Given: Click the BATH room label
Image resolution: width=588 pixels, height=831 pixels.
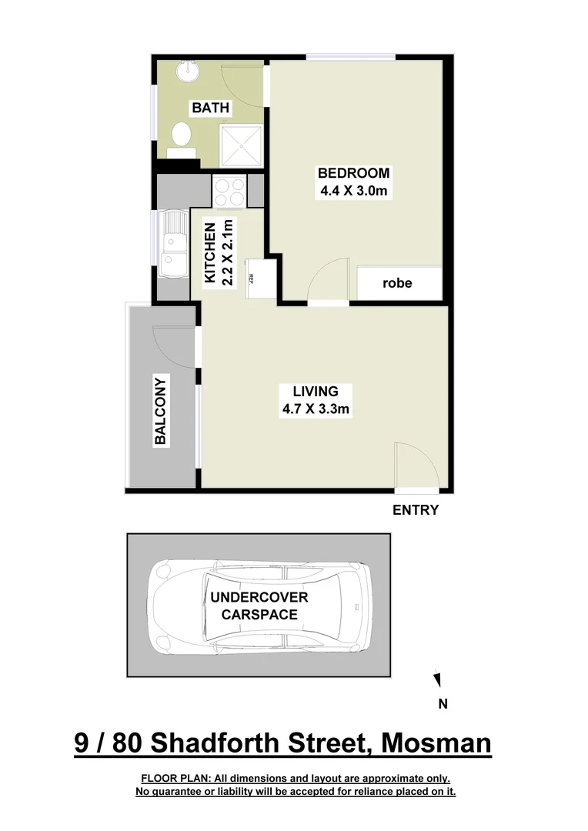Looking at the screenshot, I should pyautogui.click(x=210, y=108).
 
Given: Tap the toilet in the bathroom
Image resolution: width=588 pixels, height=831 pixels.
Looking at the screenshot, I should pyautogui.click(x=182, y=137).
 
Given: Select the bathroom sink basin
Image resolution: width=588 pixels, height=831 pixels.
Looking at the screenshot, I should pyautogui.click(x=186, y=72).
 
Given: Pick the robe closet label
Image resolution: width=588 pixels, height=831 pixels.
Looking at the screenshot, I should pyautogui.click(x=397, y=283).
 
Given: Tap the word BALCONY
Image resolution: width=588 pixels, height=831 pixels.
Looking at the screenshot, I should pyautogui.click(x=161, y=411).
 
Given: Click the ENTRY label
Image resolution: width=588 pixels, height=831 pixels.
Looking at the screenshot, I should pyautogui.click(x=416, y=509).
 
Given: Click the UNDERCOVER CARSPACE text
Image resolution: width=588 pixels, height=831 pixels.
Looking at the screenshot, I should pyautogui.click(x=259, y=606).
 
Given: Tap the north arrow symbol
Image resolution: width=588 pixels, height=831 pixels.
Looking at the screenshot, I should pyautogui.click(x=437, y=679).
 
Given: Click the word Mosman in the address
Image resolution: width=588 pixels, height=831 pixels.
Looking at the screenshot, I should pyautogui.click(x=436, y=744).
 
